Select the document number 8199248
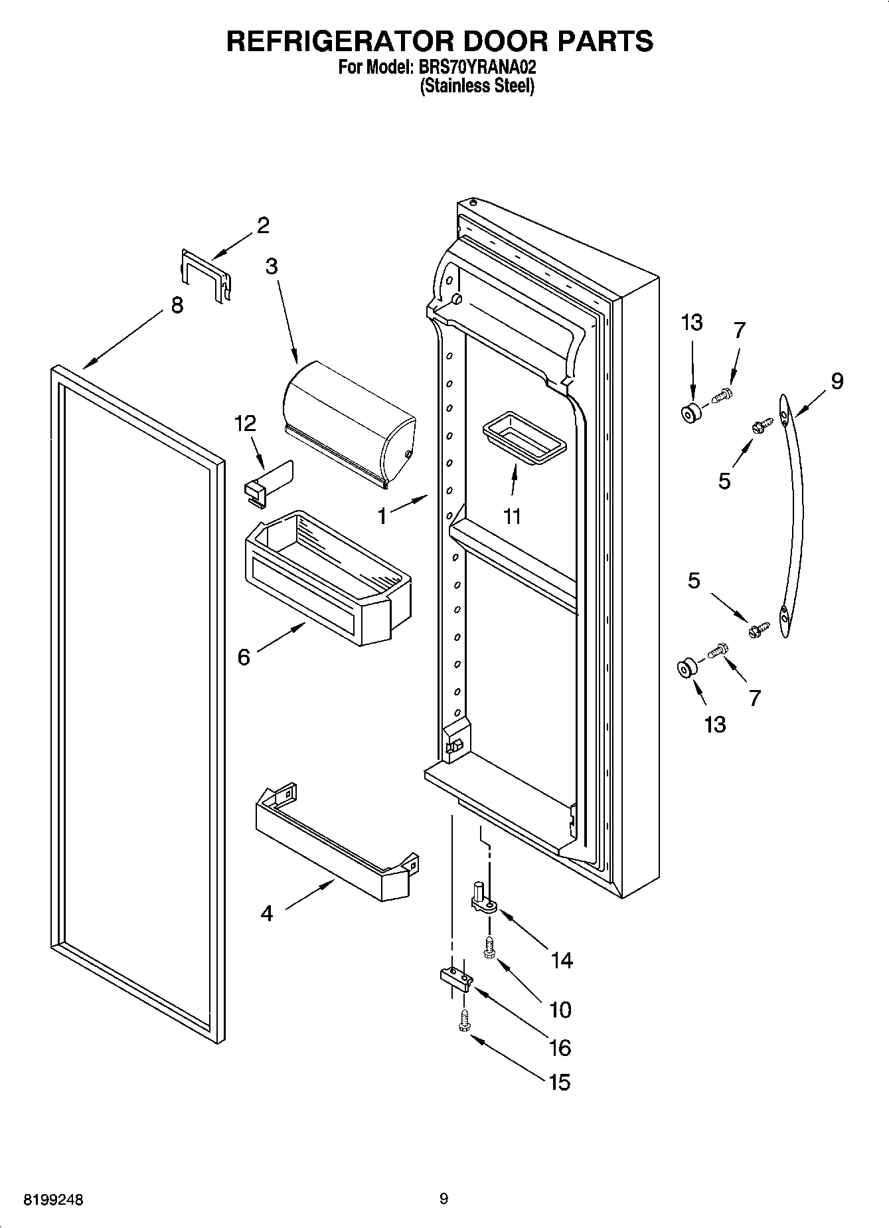(54, 1200)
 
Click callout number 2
(263, 226)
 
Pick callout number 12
(244, 424)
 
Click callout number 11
(512, 517)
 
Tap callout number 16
(560, 1047)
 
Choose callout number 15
(560, 1083)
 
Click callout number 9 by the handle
(837, 381)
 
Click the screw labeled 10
(490, 947)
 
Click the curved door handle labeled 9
(794, 518)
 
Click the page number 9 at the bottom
(444, 1199)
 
